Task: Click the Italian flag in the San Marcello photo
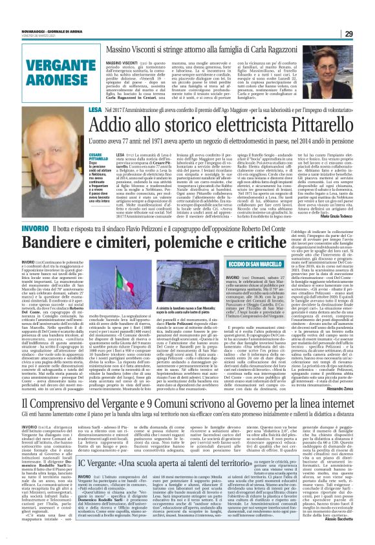click(x=204, y=272)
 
